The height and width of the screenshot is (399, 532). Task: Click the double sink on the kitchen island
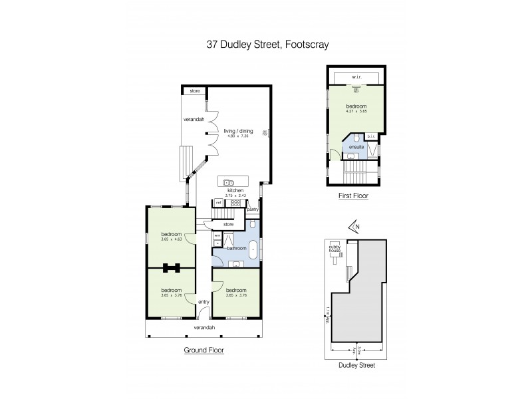[228, 182]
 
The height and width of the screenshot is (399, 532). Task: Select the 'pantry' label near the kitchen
[252, 209]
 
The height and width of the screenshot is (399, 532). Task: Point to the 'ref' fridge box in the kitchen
[217, 203]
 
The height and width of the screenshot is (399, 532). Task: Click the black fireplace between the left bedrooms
[172, 268]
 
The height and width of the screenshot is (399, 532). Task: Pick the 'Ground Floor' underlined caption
[203, 350]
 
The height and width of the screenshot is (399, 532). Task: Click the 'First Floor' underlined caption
[353, 196]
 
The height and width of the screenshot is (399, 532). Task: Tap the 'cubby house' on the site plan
[334, 249]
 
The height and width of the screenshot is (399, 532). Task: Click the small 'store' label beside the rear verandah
[195, 90]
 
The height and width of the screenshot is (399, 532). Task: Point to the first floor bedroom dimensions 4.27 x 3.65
[356, 111]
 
